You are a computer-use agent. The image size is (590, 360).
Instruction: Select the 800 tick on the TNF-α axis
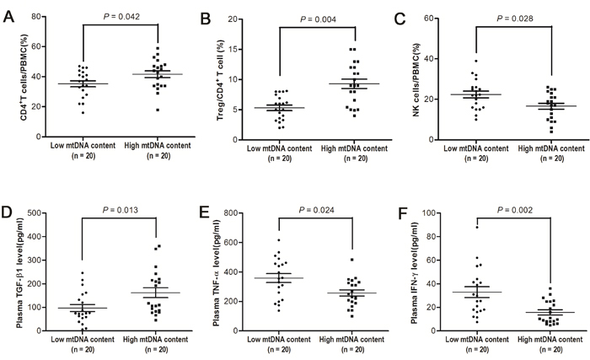[x=239, y=212]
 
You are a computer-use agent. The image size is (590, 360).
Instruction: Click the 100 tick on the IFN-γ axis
[x=437, y=212]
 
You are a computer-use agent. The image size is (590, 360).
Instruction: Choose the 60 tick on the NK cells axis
[x=439, y=19]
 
